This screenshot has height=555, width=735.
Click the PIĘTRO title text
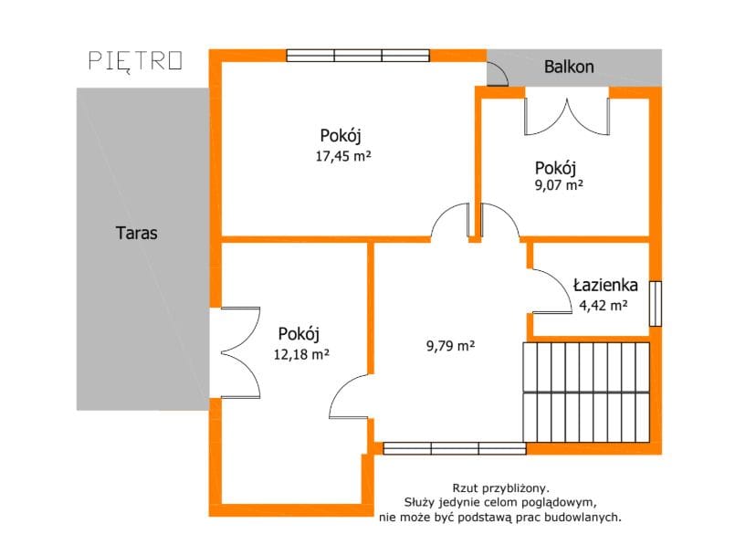click(135, 61)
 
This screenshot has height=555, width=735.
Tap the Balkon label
click(569, 67)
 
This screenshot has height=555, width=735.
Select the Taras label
click(136, 233)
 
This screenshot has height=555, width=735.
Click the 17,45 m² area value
click(343, 156)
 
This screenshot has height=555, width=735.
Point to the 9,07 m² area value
click(559, 184)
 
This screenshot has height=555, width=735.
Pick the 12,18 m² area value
click(301, 354)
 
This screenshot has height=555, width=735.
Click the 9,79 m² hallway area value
click(450, 346)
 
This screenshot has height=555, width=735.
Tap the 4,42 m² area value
click(604, 306)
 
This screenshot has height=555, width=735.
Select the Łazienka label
click(605, 285)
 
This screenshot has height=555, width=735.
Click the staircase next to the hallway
click(586, 393)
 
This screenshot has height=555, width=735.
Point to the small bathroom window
click(656, 303)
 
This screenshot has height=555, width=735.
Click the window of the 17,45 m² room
click(358, 56)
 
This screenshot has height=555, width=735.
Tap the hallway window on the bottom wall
click(455, 448)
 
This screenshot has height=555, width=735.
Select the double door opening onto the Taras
click(239, 352)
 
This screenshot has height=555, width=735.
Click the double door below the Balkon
click(567, 117)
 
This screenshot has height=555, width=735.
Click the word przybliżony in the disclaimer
click(520, 488)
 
